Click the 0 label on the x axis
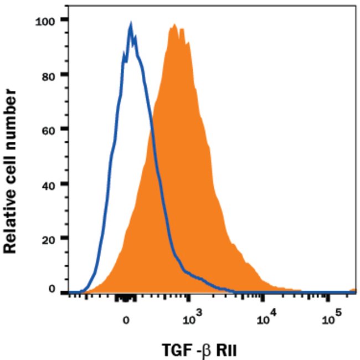126,320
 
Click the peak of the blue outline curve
131,24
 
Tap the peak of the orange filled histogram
174,25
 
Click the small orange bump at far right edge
353,290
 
